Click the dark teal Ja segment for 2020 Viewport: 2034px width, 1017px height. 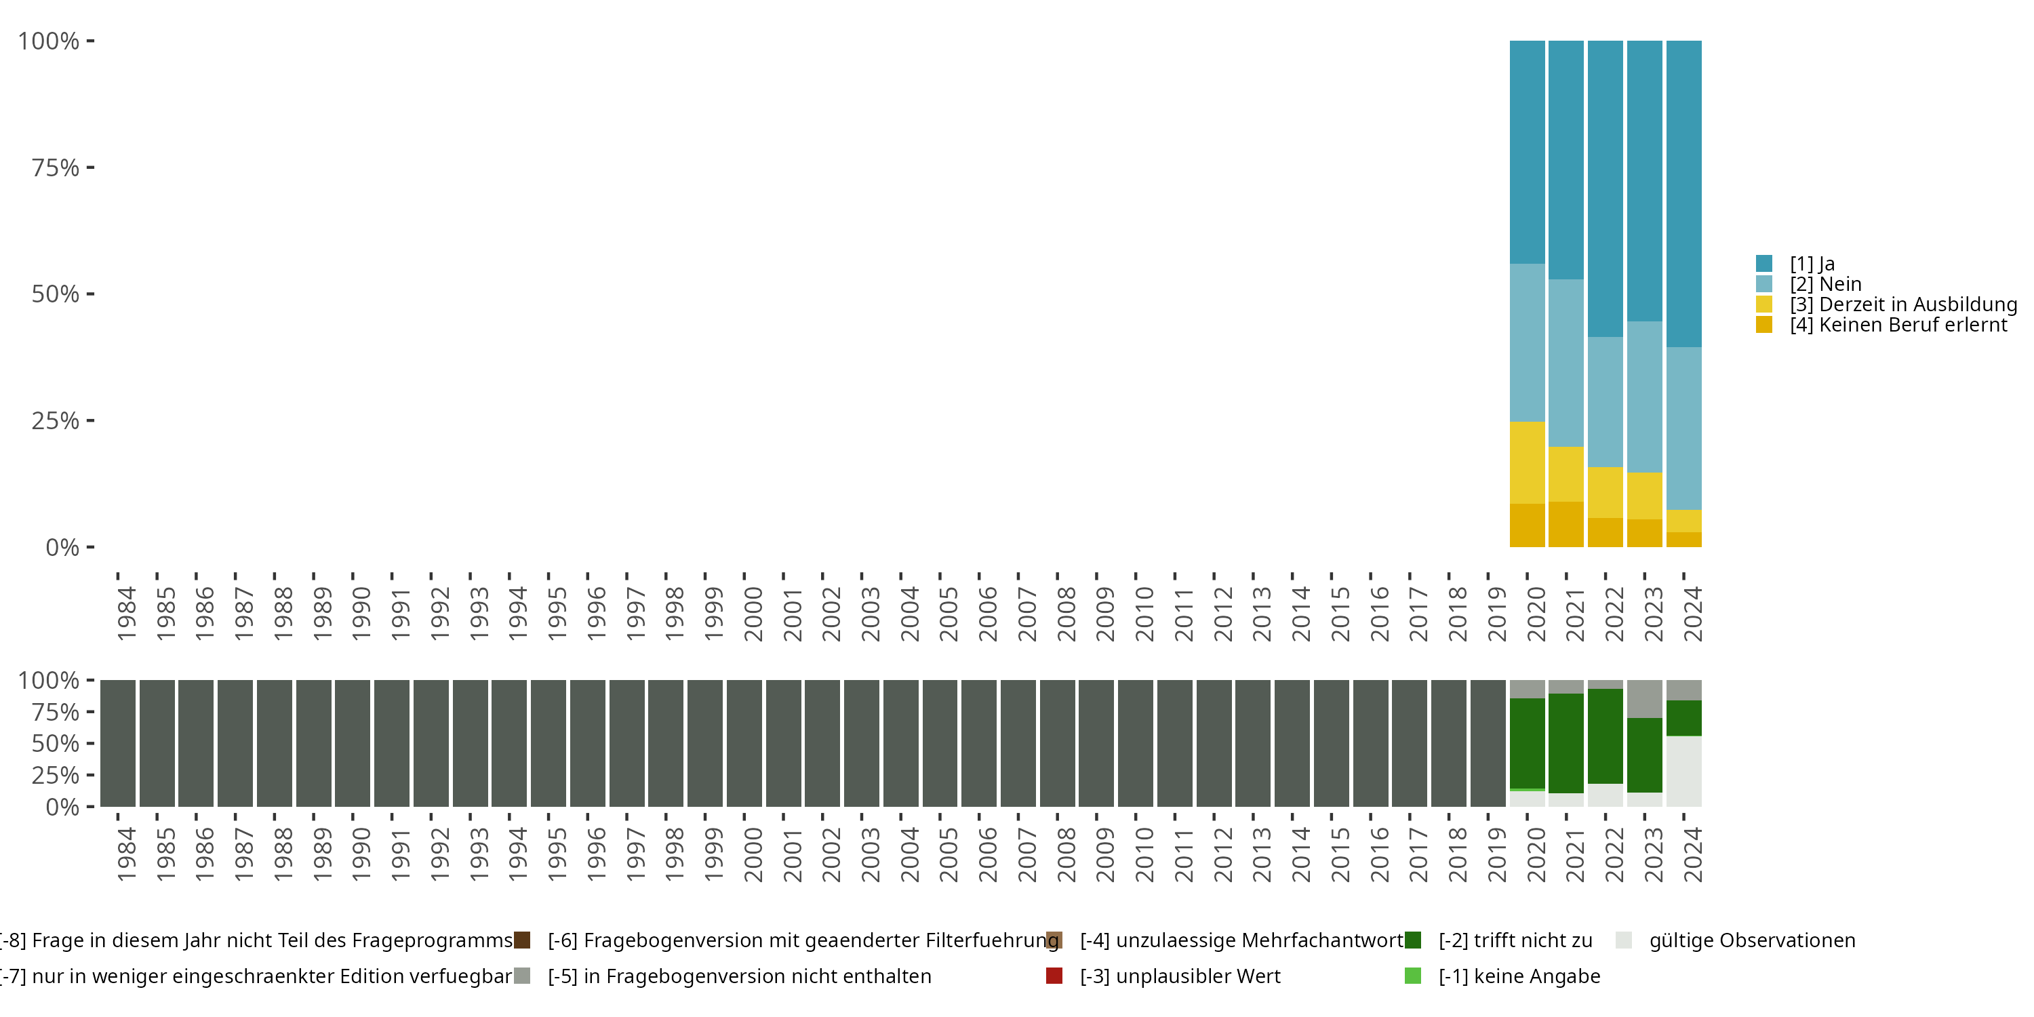coord(1526,152)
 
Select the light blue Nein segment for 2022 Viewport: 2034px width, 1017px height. coord(1606,402)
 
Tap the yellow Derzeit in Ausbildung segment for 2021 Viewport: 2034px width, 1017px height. coord(1566,474)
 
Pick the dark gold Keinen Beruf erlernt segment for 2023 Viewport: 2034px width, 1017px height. coord(1645,533)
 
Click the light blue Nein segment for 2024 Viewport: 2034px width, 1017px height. coord(1683,428)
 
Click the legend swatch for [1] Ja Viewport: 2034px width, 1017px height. coord(1764,264)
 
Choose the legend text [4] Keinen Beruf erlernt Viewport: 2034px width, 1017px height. coord(1898,325)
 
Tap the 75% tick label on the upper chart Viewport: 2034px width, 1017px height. coord(56,167)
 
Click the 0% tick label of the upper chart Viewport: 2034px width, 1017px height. coord(62,547)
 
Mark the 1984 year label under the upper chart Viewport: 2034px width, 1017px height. coord(126,614)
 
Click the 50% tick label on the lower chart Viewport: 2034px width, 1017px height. coord(56,744)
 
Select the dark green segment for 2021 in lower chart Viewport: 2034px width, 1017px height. coord(1566,743)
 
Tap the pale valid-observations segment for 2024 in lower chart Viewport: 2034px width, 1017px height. coord(1683,771)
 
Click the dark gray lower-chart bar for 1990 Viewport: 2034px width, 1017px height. coord(352,743)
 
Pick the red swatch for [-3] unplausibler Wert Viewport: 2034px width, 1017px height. coord(1054,976)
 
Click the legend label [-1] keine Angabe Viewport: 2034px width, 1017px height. coord(1519,976)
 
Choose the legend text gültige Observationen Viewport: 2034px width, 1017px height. coord(1751,940)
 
